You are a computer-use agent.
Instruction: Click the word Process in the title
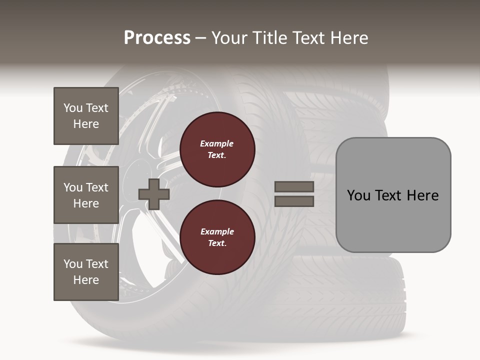click(x=157, y=38)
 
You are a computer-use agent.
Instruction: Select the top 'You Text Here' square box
click(x=86, y=116)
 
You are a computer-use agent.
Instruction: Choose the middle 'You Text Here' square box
click(x=86, y=195)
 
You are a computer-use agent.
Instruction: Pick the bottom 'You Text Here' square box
click(x=86, y=272)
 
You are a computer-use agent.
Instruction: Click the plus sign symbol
click(x=154, y=194)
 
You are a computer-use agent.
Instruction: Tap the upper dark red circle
click(x=217, y=149)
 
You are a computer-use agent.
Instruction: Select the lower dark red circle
click(x=217, y=237)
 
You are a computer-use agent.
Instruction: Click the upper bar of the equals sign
click(x=294, y=186)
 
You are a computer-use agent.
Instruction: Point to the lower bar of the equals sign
click(x=294, y=201)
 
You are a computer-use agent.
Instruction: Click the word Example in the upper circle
click(x=217, y=143)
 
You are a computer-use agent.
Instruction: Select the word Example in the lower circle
click(x=217, y=231)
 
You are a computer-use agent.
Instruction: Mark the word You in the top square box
click(x=73, y=108)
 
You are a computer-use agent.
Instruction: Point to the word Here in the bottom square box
click(x=86, y=280)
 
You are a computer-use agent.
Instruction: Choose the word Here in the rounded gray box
click(x=422, y=195)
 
